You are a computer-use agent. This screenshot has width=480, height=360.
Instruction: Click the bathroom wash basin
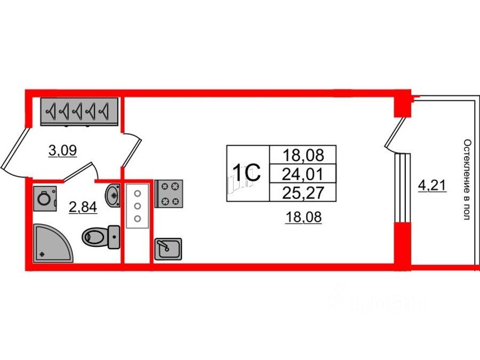coord(113,195)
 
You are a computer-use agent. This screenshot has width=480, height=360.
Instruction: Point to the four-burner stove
coord(169,194)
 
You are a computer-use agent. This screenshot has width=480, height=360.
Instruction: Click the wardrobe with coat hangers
coord(78,111)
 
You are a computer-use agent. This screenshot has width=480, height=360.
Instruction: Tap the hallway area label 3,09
coord(63,151)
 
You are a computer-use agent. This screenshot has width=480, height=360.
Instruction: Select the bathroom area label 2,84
coord(83,207)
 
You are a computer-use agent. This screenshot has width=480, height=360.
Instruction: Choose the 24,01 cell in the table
coord(303,173)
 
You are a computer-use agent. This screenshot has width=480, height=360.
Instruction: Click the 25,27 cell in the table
coord(303,192)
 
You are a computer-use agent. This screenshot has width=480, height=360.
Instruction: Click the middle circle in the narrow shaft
coord(137,206)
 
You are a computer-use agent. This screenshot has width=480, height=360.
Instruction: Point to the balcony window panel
coord(404,187)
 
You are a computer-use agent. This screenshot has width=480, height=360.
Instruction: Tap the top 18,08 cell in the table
coord(303,155)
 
